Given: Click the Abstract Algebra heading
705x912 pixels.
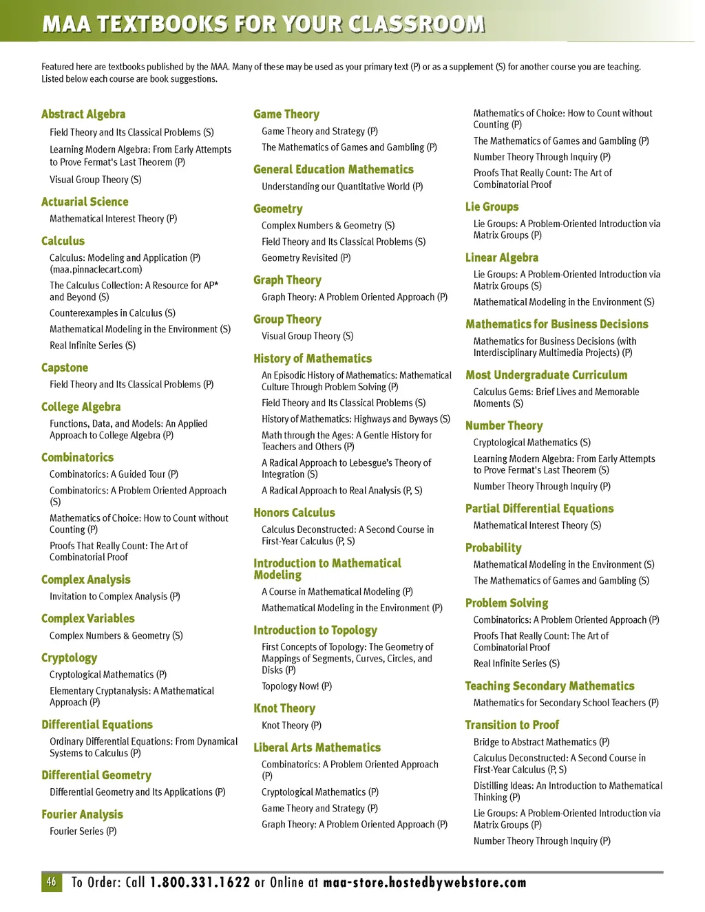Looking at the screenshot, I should click(x=83, y=114).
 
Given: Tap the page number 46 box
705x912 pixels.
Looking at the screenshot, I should click(x=52, y=882).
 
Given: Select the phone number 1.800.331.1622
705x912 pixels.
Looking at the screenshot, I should click(x=200, y=882).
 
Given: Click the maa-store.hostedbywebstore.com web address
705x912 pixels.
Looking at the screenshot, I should click(x=424, y=882).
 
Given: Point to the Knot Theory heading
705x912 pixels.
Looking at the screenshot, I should click(x=284, y=708).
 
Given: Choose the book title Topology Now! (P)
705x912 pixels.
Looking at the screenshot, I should click(x=297, y=686).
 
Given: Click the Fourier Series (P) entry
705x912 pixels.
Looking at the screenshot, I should click(x=83, y=831).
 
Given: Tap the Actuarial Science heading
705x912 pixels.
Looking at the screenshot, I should click(x=85, y=202).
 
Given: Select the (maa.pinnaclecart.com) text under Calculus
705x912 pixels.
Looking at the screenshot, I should click(x=96, y=270).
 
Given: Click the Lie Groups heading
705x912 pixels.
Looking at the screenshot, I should click(x=492, y=206).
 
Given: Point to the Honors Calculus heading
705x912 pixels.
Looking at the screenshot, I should click(x=294, y=513).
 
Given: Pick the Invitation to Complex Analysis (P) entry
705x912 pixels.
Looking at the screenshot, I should click(x=114, y=597).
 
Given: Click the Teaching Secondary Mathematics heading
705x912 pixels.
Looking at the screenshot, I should click(x=549, y=686).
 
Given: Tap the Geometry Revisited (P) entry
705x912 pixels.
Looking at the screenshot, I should click(x=306, y=258).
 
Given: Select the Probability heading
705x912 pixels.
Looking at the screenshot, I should click(x=493, y=548).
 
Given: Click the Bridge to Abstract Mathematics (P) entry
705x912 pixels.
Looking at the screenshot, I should click(x=541, y=742).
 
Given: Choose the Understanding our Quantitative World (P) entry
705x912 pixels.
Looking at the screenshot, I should click(x=342, y=187).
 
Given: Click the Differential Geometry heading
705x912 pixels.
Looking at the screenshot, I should click(x=96, y=775).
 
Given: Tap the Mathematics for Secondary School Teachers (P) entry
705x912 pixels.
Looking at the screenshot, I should click(x=566, y=703).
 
